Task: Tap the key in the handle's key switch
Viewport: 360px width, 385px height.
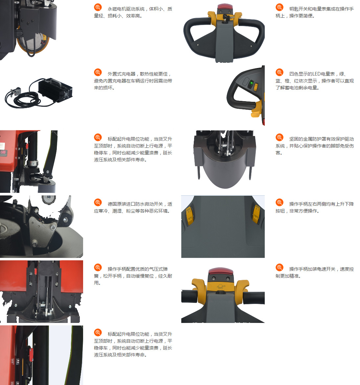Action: (226, 18)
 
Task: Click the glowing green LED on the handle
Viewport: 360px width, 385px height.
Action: (251, 83)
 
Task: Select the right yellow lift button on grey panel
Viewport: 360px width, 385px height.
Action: (256, 214)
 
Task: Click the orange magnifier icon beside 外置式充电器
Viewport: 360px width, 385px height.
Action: (98, 72)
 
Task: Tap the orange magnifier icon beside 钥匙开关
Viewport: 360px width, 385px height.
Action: (280, 7)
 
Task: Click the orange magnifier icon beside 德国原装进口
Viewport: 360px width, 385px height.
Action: (98, 202)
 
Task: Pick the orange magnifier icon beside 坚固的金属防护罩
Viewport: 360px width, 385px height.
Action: (280, 138)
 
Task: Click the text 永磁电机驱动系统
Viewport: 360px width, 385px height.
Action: (126, 9)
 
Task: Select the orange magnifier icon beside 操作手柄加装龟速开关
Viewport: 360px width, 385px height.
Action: (280, 267)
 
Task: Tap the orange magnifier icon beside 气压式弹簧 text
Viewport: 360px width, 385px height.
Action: (98, 267)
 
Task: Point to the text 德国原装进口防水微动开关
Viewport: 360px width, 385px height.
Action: (135, 204)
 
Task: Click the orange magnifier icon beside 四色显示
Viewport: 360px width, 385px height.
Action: (280, 72)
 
